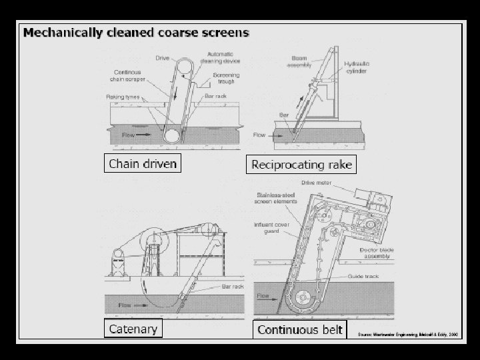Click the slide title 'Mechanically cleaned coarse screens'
pos(137,32)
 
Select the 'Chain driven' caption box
pos(143,163)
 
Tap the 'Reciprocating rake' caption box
pos(301,164)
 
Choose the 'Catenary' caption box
pos(133,328)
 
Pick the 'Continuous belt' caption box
pos(300,329)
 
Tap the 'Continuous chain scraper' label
pos(127,76)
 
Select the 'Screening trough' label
pos(226,79)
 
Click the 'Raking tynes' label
pos(123,97)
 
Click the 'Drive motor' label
pos(335,181)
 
